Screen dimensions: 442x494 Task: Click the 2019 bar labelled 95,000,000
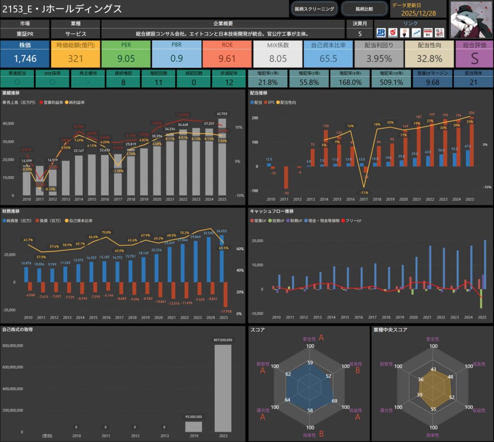(193, 427)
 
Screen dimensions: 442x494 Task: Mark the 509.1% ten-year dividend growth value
(391, 83)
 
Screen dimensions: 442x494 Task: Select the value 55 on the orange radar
(433, 409)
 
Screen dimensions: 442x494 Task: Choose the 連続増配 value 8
(123, 83)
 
